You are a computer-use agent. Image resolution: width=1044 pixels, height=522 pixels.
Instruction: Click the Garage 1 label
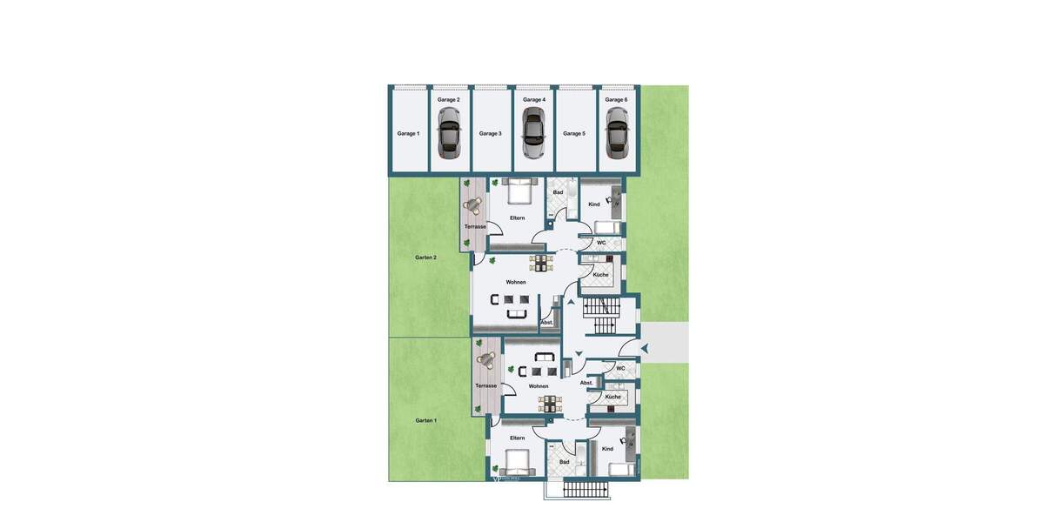tap(408, 133)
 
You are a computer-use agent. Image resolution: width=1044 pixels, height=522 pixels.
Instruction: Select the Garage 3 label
tap(490, 133)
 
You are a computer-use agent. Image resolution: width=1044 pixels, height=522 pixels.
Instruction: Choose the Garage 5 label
tap(574, 133)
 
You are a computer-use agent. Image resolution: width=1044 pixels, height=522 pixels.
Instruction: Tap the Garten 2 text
tap(425, 258)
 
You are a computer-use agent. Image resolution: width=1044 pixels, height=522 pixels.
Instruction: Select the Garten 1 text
tap(425, 420)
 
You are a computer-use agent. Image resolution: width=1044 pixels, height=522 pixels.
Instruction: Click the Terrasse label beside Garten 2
tap(475, 226)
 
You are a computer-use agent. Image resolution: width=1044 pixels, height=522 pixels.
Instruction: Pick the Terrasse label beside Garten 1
tap(485, 385)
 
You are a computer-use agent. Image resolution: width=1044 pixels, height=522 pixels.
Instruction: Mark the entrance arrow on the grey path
tap(645, 348)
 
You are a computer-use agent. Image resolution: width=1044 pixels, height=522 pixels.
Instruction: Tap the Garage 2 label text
tap(449, 99)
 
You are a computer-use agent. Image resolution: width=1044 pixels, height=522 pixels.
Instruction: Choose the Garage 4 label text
tap(532, 99)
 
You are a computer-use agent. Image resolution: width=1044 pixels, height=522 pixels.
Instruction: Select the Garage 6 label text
tap(616, 99)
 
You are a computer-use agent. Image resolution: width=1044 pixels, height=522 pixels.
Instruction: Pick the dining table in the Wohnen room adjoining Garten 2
tap(542, 262)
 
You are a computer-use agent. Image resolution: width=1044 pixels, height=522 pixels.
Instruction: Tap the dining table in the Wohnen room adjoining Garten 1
tap(550, 403)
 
